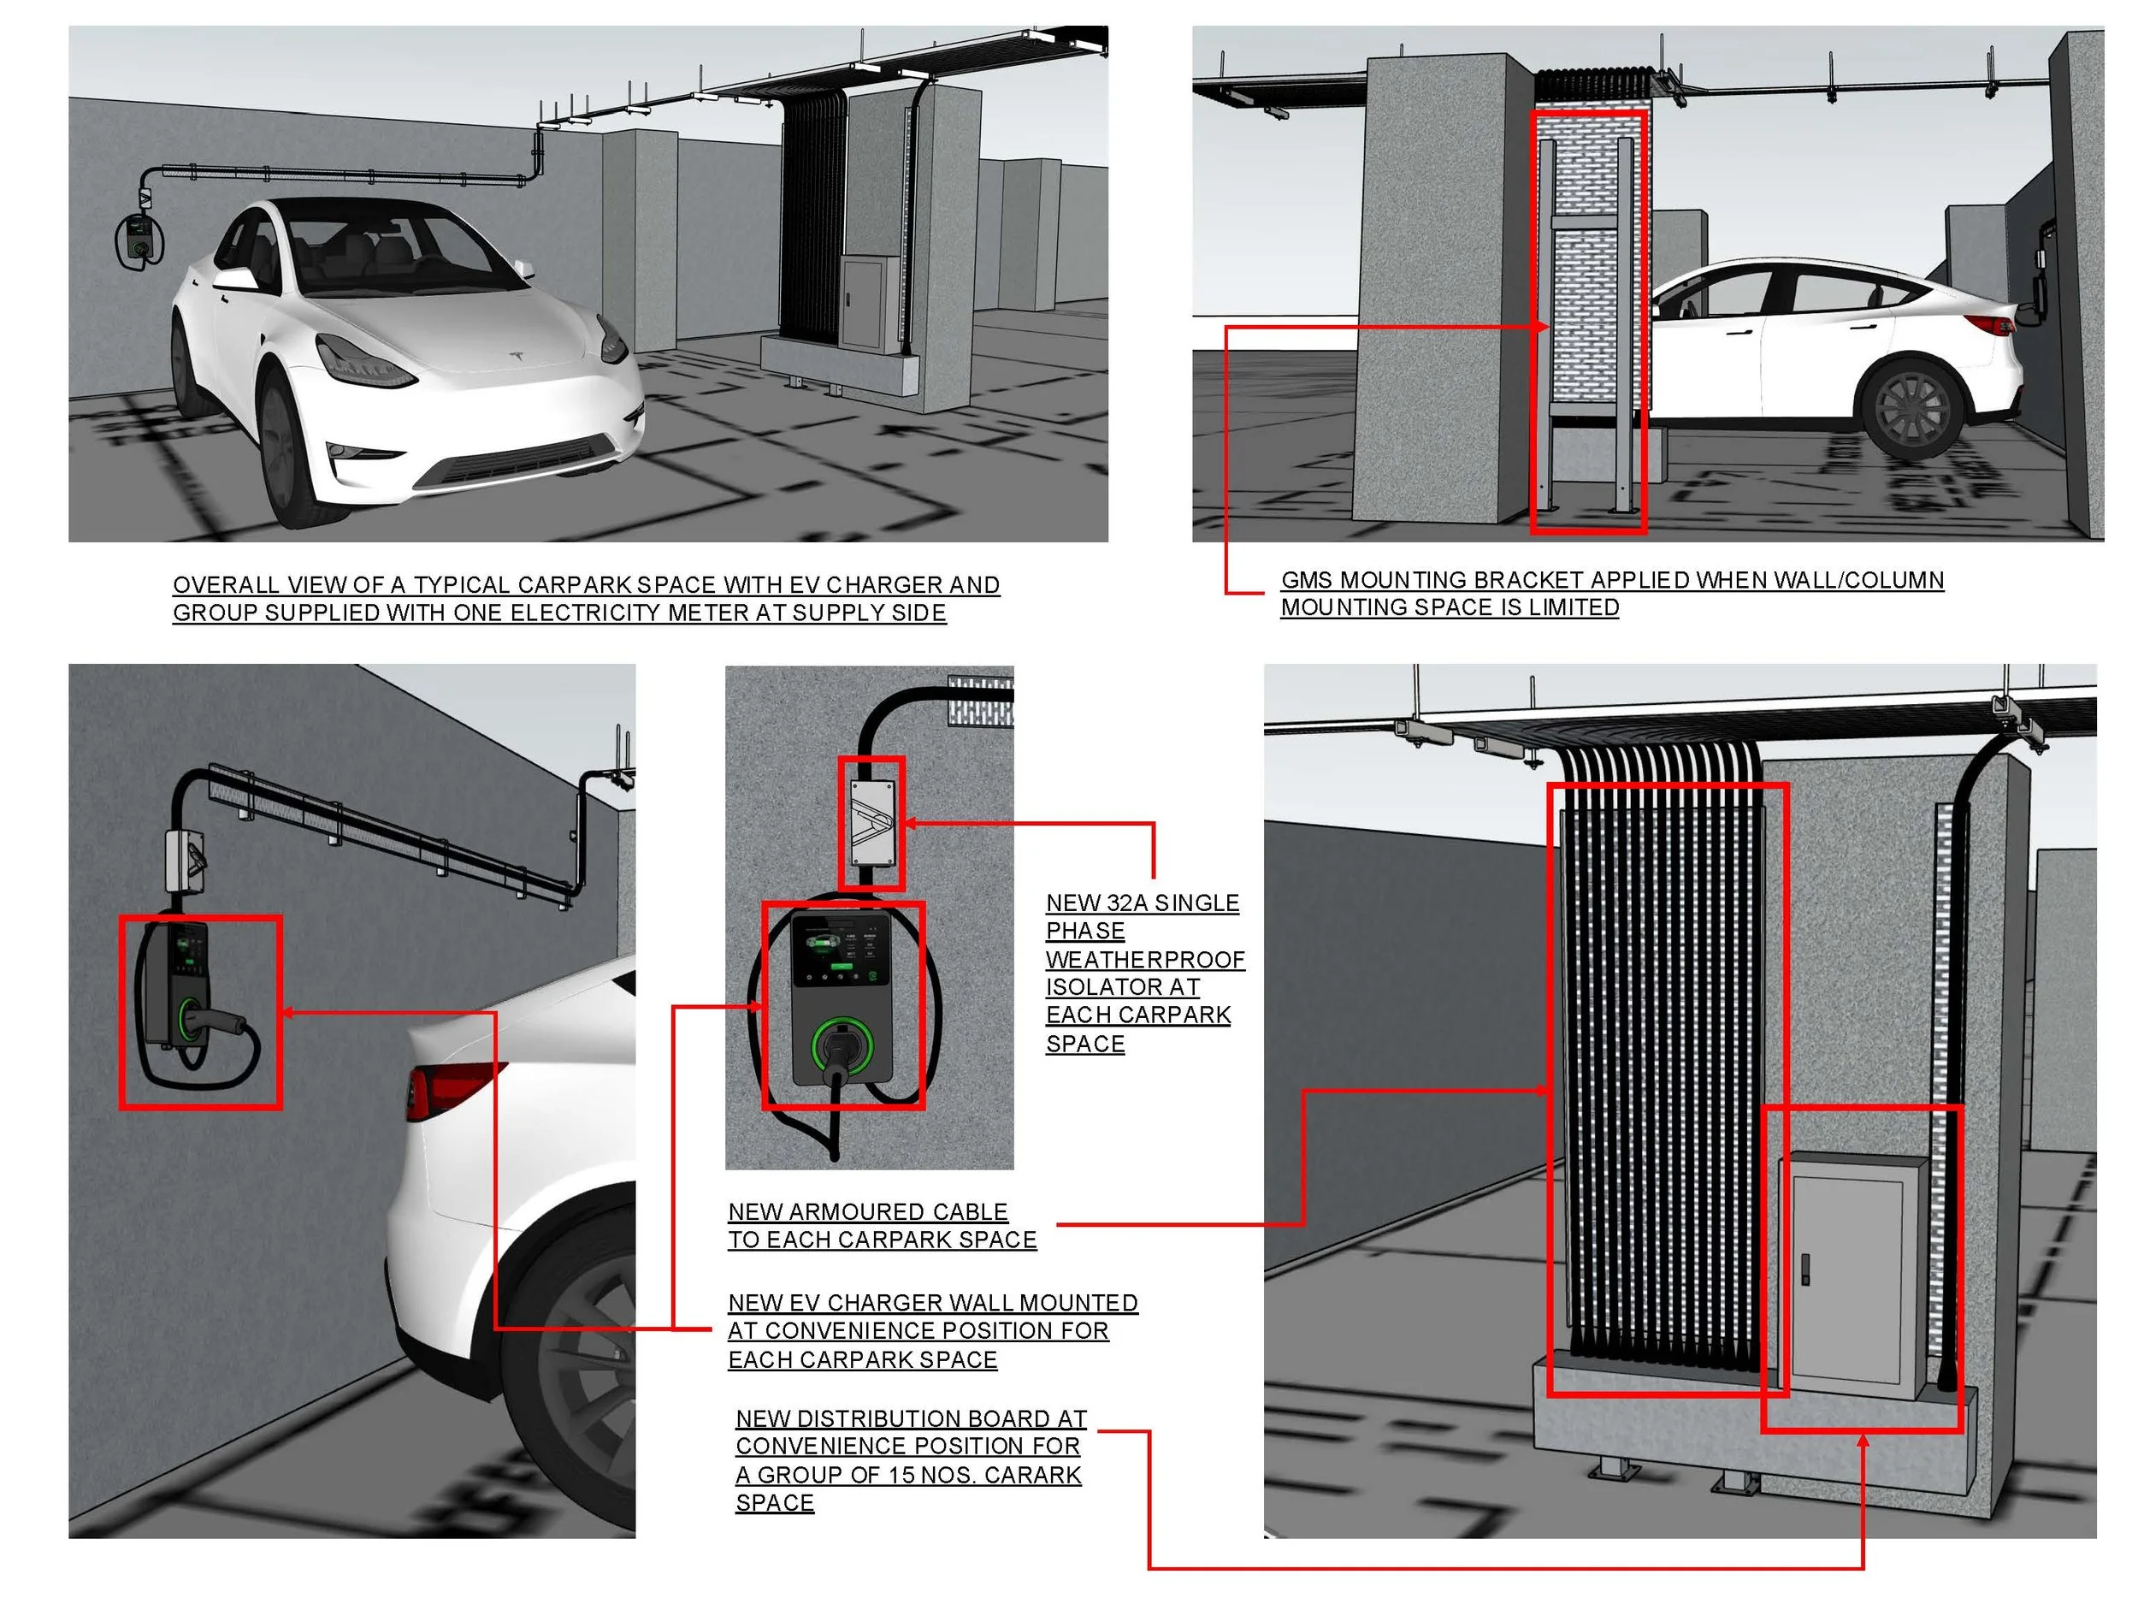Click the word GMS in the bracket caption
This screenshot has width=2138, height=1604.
tap(1306, 580)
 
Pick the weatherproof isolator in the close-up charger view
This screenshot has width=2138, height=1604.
tap(871, 822)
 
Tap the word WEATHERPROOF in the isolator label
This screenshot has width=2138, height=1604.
tap(1144, 959)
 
